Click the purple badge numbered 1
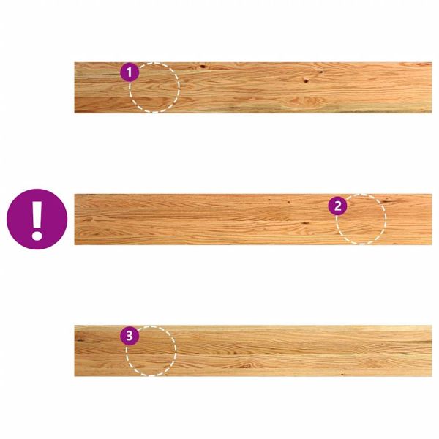coord(130,72)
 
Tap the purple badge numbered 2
coord(337,206)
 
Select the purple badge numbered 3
coord(130,336)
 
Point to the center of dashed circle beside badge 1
coord(154,88)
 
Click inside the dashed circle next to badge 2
coord(361,219)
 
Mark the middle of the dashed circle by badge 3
coord(151,350)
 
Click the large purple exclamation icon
coord(37,219)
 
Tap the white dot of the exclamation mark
coord(37,235)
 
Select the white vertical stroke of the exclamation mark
coord(37,214)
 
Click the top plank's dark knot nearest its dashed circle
coord(202,67)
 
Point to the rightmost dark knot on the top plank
coord(321,72)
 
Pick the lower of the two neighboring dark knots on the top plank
coord(306,81)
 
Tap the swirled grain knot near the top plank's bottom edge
coord(310,100)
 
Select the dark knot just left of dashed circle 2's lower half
coord(305,223)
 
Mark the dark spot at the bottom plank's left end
coord(80,340)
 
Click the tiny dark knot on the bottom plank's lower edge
coord(342,374)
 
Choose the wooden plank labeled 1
coord(253,88)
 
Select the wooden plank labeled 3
coord(253,350)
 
